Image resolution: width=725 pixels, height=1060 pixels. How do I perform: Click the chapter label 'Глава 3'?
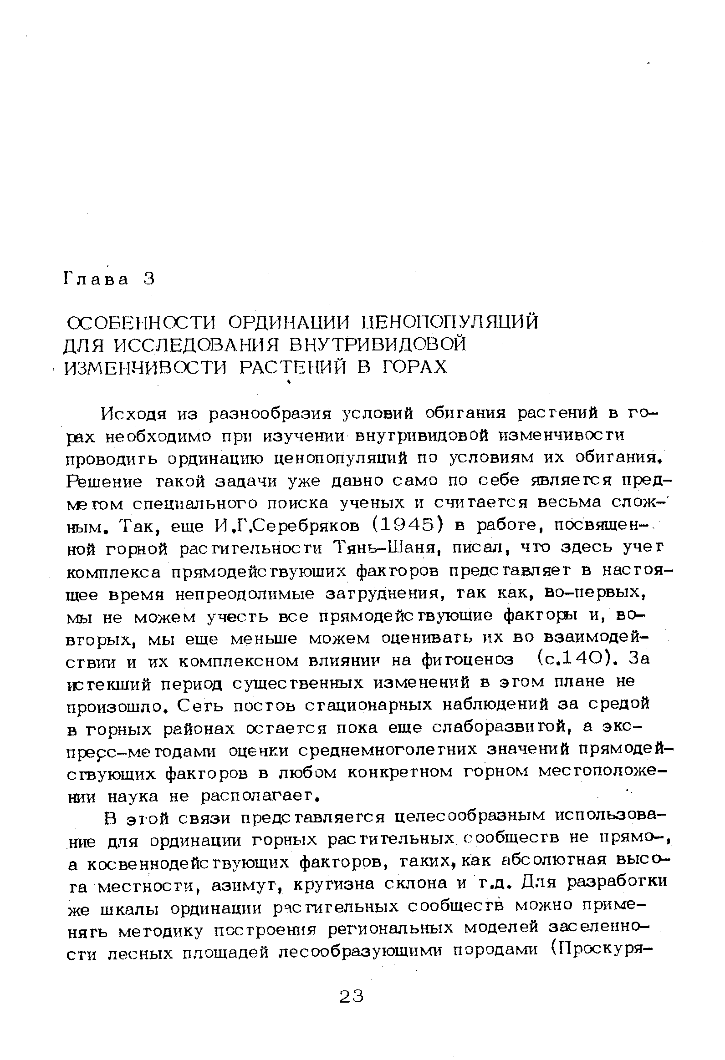click(x=109, y=279)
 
